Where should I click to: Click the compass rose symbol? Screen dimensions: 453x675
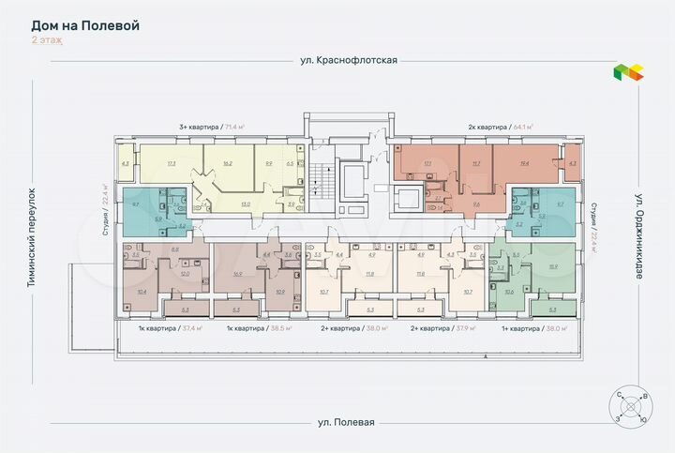coord(629,409)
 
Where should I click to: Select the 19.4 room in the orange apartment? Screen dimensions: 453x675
coord(523,163)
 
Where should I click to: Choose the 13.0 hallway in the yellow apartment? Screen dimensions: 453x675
coord(246,203)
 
